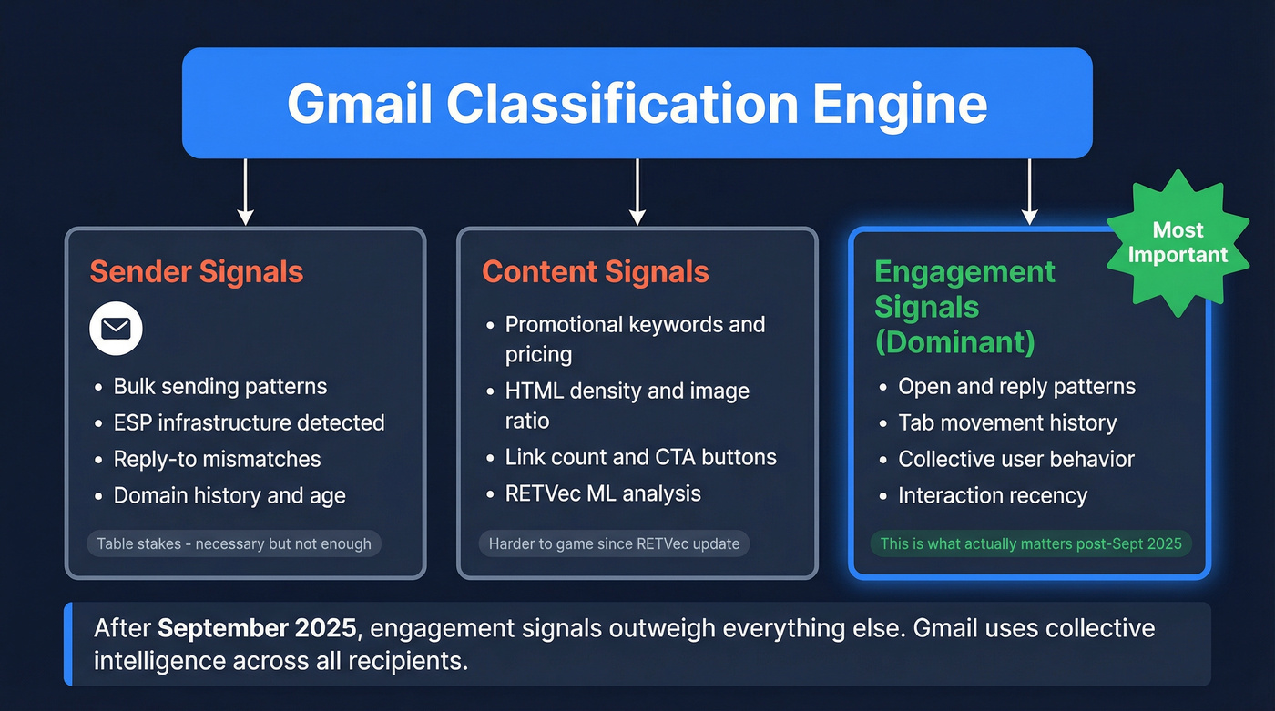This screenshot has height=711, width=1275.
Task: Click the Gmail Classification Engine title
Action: point(637,104)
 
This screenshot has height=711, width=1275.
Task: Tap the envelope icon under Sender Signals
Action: point(116,329)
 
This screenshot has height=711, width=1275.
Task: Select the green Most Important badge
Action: point(1178,243)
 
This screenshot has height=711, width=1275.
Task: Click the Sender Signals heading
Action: point(196,271)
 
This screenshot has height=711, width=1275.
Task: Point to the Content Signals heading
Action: point(595,271)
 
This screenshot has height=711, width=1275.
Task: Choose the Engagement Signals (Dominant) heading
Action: point(964,307)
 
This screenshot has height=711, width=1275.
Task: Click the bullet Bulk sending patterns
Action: point(219,386)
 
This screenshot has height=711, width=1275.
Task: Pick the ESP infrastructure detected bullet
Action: point(249,422)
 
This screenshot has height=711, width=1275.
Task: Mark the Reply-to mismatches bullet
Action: point(217,459)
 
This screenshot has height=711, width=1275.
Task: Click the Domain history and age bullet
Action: point(229,495)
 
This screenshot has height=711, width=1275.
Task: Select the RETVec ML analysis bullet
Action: point(603,493)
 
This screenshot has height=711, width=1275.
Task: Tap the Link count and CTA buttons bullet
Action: point(640,457)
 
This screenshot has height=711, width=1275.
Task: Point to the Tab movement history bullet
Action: point(1006,422)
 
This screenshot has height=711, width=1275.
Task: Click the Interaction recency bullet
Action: point(992,495)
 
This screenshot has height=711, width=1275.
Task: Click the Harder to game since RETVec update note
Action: point(615,543)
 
